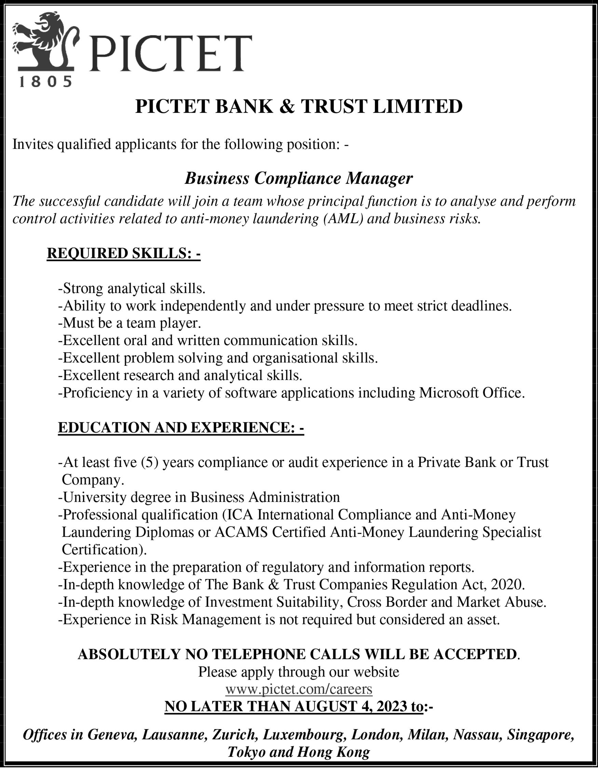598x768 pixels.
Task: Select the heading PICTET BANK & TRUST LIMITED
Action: [x=299, y=107]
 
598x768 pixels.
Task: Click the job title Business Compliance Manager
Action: [x=299, y=178]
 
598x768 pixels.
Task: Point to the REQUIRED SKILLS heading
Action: [x=123, y=253]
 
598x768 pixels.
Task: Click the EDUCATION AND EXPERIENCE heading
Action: [x=181, y=427]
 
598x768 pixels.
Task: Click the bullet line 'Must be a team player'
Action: [x=130, y=323]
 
